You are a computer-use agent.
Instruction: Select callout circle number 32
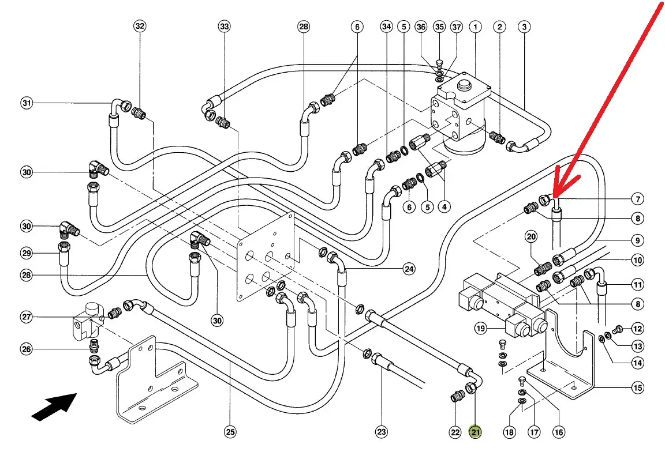point(140,26)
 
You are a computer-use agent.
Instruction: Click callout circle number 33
point(224,26)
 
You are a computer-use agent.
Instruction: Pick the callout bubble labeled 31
point(26,103)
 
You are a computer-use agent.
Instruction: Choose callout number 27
point(26,317)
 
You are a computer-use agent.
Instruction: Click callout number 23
point(382,432)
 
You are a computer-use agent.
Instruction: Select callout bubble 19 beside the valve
point(481,329)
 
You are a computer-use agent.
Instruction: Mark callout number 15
point(637,388)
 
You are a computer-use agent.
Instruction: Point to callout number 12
point(637,329)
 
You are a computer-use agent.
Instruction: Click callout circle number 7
point(637,200)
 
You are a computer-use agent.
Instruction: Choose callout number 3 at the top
point(524,26)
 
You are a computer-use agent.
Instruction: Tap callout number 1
point(475,26)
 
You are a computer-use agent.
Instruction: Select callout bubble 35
point(439,26)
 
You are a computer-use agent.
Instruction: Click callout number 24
point(409,269)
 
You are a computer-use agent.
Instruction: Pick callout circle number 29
point(26,253)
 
